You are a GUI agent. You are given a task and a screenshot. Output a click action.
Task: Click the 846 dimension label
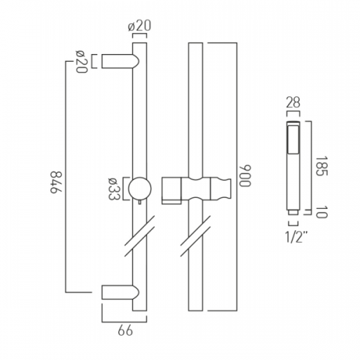(x=56, y=182)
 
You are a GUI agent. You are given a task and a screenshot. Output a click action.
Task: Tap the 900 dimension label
(x=245, y=176)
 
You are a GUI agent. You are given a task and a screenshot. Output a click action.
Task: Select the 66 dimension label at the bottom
(x=125, y=330)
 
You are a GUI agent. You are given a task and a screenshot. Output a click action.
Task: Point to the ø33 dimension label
(x=113, y=189)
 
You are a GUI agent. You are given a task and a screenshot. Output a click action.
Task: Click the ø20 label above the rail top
(x=140, y=26)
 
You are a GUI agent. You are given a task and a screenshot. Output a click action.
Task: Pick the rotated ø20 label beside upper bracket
(x=81, y=62)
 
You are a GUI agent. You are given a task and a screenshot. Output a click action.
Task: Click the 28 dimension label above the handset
(x=293, y=102)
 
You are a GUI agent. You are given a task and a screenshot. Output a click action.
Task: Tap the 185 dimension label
(x=321, y=166)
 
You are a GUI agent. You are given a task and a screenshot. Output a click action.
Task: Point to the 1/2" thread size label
(x=294, y=237)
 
